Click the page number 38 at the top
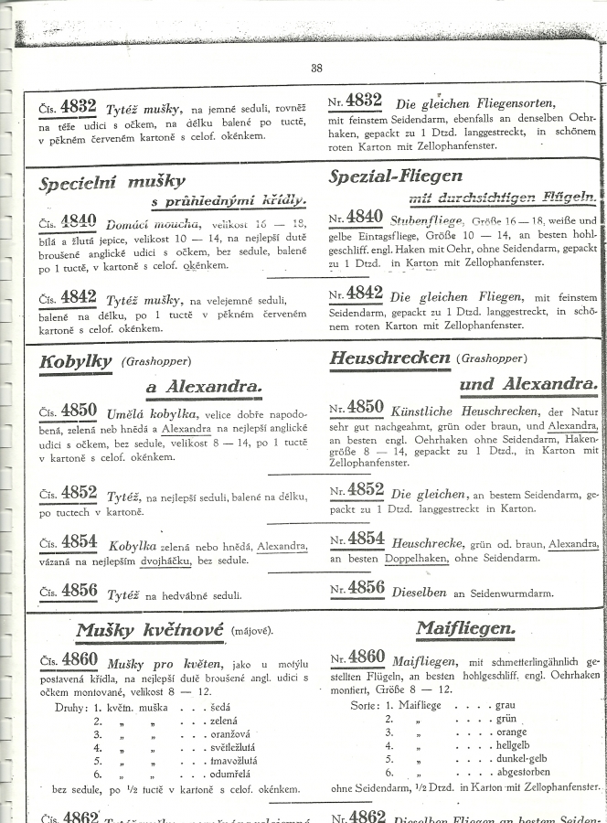pyautogui.click(x=316, y=67)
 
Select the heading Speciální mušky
pyautogui.click(x=112, y=182)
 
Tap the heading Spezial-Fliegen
pyautogui.click(x=395, y=174)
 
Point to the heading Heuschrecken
pyautogui.click(x=390, y=358)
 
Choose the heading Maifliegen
pyautogui.click(x=464, y=628)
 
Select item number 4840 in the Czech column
pyautogui.click(x=80, y=220)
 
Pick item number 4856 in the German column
pyautogui.click(x=366, y=588)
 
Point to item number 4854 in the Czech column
pyautogui.click(x=80, y=542)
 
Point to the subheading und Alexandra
pyautogui.click(x=528, y=383)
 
